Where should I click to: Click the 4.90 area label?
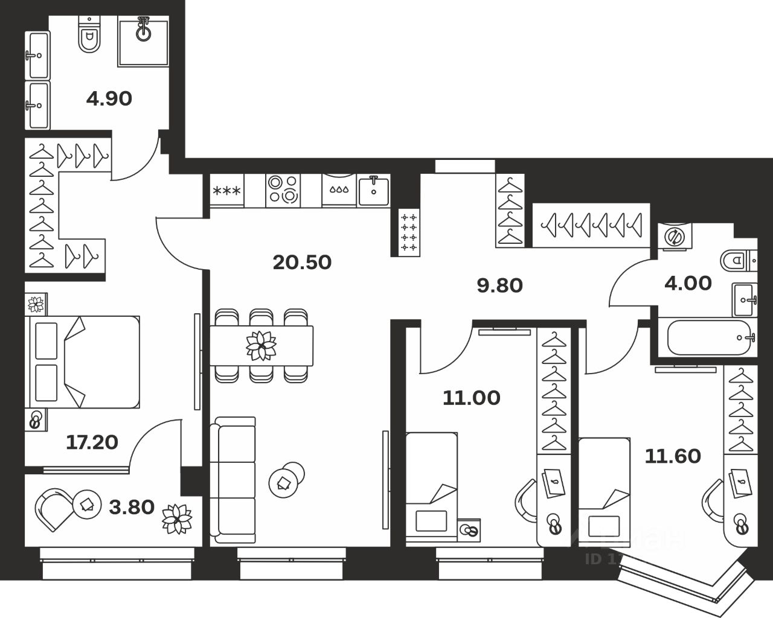click(109, 98)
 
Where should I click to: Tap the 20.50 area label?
click(302, 262)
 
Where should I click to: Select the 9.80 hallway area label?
click(499, 285)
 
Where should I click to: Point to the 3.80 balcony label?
click(132, 507)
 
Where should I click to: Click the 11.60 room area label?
click(673, 456)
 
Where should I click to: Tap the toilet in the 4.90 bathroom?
click(90, 36)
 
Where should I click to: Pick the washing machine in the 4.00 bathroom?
click(674, 237)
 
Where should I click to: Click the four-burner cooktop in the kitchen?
click(283, 189)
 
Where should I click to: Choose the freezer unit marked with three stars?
click(226, 191)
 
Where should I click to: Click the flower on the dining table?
click(261, 345)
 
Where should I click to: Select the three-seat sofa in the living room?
click(233, 480)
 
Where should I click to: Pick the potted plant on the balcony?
click(176, 518)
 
